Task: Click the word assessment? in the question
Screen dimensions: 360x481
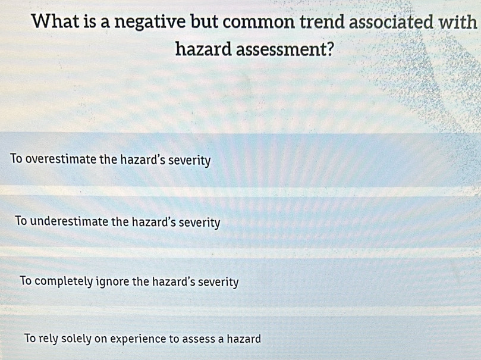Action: click(x=284, y=49)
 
